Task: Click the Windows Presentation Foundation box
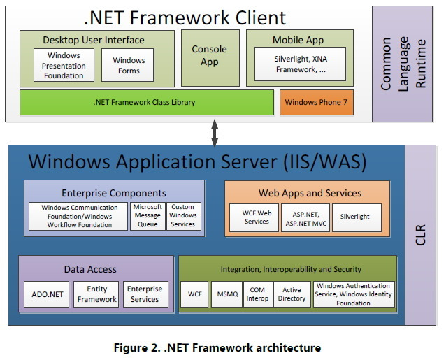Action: coord(64,65)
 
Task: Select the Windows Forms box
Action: coord(127,65)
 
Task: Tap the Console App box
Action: coord(210,58)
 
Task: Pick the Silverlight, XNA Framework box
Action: coord(300,64)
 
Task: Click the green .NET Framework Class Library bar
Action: coord(147,102)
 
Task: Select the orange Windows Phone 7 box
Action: coord(317,102)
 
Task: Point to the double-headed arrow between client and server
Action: coord(215,133)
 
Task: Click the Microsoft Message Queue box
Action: coord(148,216)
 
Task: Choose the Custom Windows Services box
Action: coord(184,216)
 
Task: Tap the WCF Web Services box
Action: coord(254,217)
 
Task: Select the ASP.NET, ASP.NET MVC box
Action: coord(305,217)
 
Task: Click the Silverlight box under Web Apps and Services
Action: coord(357,217)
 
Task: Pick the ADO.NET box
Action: coord(47,294)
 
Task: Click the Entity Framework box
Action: coord(96,294)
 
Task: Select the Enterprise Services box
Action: coord(145,294)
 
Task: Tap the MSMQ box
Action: coord(226,294)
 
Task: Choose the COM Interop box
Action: coord(258,294)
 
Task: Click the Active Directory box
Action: coord(292,294)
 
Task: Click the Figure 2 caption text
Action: coord(217,348)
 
